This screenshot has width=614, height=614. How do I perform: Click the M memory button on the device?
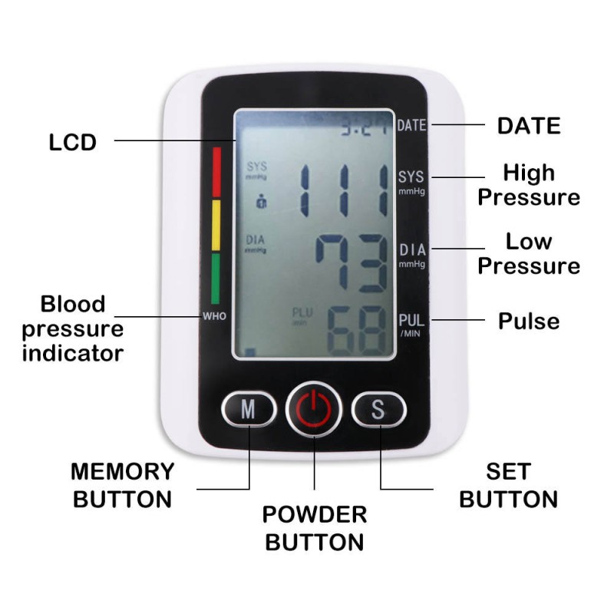pos(249,409)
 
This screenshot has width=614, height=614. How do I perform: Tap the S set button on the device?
pos(378,409)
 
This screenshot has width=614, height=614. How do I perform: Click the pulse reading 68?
pos(355,329)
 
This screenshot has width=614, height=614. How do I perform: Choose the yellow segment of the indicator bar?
pos(216,225)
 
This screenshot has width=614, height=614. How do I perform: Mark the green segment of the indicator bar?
pos(216,279)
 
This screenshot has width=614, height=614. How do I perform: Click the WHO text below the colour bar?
pos(214,316)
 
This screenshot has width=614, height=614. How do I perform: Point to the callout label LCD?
pos(73,143)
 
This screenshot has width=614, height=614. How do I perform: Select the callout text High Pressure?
pos(529,185)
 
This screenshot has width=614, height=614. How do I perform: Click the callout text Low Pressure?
pos(529,254)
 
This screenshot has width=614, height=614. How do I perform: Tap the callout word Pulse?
pos(529,321)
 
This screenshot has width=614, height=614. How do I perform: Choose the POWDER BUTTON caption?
pos(314,528)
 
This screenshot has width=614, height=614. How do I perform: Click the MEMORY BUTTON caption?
pos(123,485)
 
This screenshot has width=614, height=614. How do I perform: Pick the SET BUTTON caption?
pos(508,485)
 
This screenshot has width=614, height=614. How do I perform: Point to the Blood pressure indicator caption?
pos(73,328)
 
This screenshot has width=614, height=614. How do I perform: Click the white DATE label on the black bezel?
pos(411,126)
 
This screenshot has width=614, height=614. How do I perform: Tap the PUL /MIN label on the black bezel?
pos(411,325)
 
